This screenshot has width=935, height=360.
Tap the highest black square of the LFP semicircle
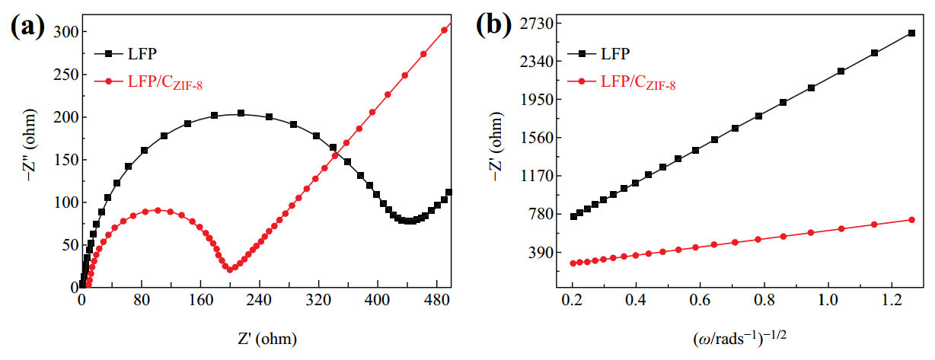(x=241, y=113)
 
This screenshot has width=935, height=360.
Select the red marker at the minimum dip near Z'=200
(x=229, y=269)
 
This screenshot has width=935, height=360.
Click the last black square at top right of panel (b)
(x=911, y=33)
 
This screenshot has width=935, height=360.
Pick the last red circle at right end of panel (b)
(x=911, y=220)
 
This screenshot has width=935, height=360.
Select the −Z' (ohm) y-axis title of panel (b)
(x=496, y=156)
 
